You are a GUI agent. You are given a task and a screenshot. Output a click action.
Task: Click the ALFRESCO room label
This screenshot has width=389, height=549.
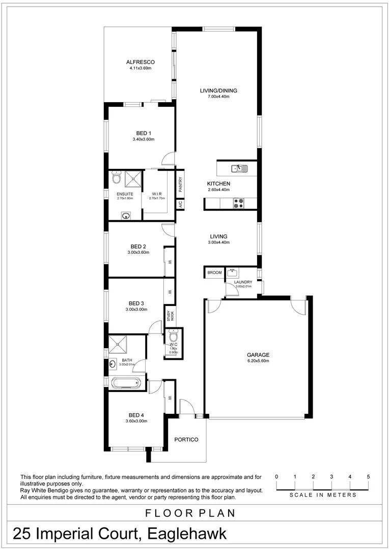pyautogui.click(x=141, y=62)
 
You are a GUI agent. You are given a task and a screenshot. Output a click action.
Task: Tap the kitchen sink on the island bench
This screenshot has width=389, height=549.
pyautogui.click(x=237, y=168)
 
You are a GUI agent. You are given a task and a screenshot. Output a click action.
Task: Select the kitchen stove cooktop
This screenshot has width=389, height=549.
pyautogui.click(x=238, y=203)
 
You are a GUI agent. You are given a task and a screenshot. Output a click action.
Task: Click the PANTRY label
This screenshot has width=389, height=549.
pyautogui.click(x=180, y=184)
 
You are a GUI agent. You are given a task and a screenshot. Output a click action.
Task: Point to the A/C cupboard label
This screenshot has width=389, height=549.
pyautogui.click(x=180, y=204)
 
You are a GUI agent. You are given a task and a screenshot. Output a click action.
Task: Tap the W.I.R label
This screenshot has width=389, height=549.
pyautogui.click(x=157, y=194)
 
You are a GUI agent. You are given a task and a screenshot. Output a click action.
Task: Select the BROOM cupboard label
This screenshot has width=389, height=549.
pyautogui.click(x=214, y=273)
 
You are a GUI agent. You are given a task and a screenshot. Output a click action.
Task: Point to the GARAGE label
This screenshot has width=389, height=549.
pyautogui.click(x=258, y=355)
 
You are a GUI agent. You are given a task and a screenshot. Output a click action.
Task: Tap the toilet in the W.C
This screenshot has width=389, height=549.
pyautogui.click(x=173, y=337)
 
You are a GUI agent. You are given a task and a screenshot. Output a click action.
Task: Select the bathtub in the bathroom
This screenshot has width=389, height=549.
pyautogui.click(x=125, y=382)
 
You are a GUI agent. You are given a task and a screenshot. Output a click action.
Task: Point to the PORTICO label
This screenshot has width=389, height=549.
pyautogui.click(x=186, y=440)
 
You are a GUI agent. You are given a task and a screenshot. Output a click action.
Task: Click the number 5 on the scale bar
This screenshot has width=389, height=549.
pyautogui.click(x=368, y=476)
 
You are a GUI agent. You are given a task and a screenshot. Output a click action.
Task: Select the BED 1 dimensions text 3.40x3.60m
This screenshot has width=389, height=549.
pyautogui.click(x=143, y=139)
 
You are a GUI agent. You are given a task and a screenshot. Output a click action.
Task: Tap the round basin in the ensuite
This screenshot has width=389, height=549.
pyautogui.click(x=125, y=216)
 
